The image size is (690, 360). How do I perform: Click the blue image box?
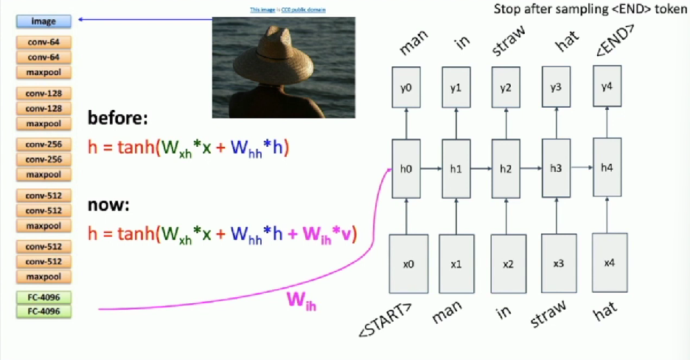pos(43,21)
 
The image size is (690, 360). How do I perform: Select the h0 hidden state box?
pos(405,168)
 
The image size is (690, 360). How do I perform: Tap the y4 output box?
pos(607,87)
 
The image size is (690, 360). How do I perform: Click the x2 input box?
pos(507,263)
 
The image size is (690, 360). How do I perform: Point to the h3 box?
pos(556,168)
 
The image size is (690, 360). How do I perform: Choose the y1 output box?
pos(456,88)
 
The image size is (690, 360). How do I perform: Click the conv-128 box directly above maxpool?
pos(43,108)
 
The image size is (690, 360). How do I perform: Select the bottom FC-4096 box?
pos(43,311)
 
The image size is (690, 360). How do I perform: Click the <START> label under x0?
pos(383,319)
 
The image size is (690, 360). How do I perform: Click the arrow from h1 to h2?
pos(481,168)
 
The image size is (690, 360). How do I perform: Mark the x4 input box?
pos(608,263)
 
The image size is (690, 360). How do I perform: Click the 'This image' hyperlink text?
pos(260,10)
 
